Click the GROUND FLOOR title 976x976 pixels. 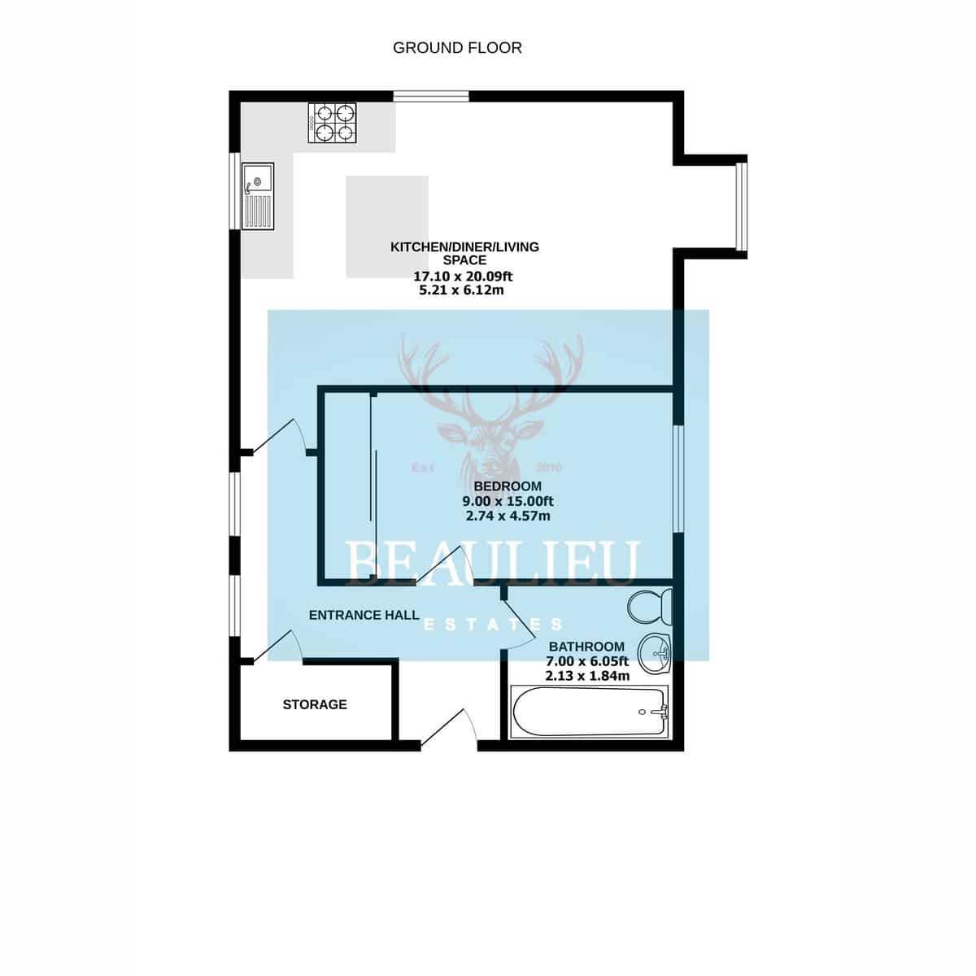pyautogui.click(x=457, y=48)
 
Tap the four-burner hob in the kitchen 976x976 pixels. pyautogui.click(x=332, y=123)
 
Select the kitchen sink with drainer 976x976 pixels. pyautogui.click(x=258, y=196)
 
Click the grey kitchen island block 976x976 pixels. pyautogui.click(x=387, y=226)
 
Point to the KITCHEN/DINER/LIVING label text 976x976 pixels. pyautogui.click(x=464, y=247)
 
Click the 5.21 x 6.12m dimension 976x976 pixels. pyautogui.click(x=461, y=290)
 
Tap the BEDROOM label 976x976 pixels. pyautogui.click(x=508, y=486)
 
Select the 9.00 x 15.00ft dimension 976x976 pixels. pyautogui.click(x=508, y=502)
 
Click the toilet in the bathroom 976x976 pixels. pyautogui.click(x=650, y=606)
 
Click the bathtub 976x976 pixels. pyautogui.click(x=590, y=712)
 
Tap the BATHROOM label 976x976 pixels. pyautogui.click(x=586, y=647)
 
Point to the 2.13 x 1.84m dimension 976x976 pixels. pyautogui.click(x=587, y=676)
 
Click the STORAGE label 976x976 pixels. pyautogui.click(x=315, y=704)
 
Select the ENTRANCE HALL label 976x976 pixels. pyautogui.click(x=364, y=615)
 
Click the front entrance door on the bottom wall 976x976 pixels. pyautogui.click(x=448, y=728)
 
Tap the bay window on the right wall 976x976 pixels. pyautogui.click(x=741, y=207)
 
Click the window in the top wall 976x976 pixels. pyautogui.click(x=431, y=96)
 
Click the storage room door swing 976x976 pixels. pyautogui.click(x=277, y=646)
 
